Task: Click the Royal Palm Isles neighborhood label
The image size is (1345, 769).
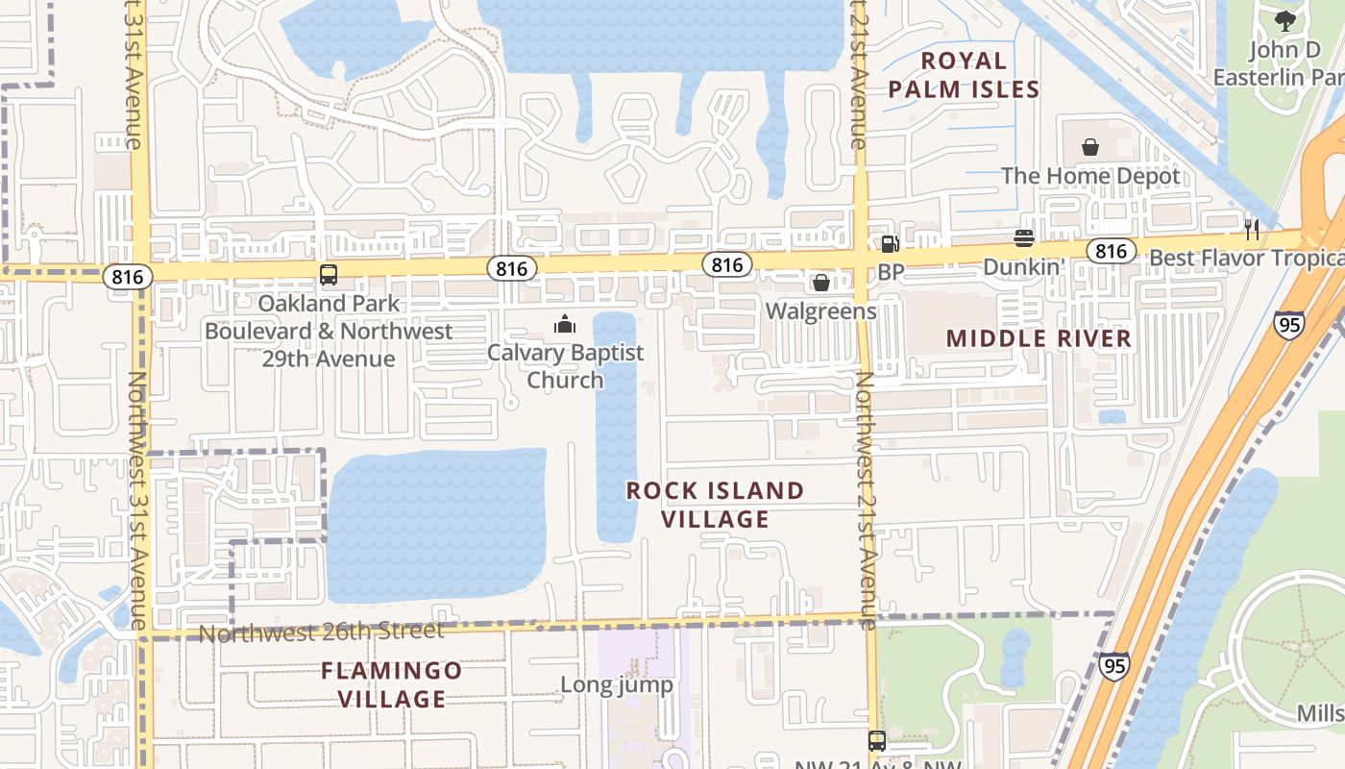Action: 964,75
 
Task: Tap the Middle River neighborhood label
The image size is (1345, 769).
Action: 1039,338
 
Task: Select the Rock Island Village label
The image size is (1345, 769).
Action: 716,505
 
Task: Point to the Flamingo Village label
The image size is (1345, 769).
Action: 392,684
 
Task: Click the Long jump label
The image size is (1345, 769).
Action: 617,684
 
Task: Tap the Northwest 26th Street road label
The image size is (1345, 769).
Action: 321,633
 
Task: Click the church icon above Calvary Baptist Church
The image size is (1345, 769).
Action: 565,325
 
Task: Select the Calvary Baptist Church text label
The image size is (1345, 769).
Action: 565,366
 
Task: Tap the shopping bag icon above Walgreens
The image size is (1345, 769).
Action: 821,283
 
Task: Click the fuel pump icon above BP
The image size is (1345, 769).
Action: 890,244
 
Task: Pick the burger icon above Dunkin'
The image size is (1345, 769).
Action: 1023,237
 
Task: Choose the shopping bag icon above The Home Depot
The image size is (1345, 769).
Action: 1090,147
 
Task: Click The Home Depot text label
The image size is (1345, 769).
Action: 1090,176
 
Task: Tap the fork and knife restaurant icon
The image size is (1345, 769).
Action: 1252,229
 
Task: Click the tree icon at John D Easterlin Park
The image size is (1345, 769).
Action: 1285,20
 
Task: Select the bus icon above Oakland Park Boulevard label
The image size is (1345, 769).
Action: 329,275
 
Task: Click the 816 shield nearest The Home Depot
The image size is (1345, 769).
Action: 1112,252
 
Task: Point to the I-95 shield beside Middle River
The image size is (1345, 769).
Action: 1288,324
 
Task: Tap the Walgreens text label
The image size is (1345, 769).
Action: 821,311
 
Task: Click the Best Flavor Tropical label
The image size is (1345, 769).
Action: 1246,258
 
